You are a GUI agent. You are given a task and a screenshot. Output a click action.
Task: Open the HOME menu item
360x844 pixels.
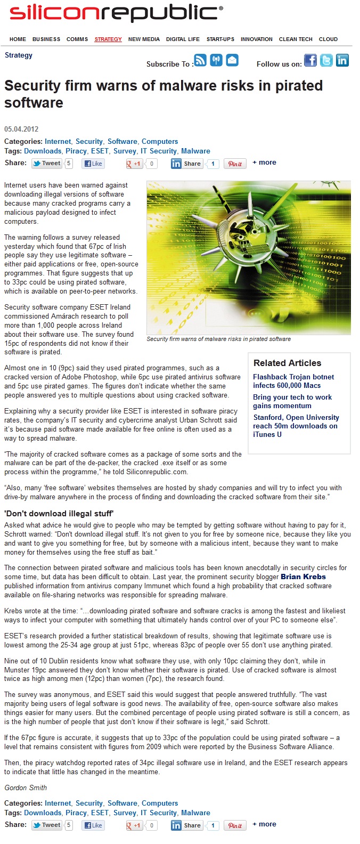(18, 39)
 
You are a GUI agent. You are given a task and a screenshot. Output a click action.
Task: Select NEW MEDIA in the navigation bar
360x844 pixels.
(144, 39)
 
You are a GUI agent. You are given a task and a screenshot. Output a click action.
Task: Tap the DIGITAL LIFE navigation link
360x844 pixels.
(183, 39)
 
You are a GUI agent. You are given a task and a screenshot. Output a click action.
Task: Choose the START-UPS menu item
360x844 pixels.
(220, 39)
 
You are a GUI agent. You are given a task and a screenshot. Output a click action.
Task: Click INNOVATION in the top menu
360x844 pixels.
(257, 39)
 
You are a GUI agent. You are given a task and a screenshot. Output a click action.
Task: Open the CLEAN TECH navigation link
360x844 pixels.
(296, 39)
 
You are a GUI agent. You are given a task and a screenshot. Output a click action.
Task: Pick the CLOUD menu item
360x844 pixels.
(328, 39)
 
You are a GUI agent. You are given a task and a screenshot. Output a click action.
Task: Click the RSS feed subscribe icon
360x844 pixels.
(200, 60)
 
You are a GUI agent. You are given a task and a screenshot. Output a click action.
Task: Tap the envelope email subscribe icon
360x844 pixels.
(232, 60)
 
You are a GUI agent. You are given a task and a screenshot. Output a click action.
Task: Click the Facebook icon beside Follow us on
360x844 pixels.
(310, 60)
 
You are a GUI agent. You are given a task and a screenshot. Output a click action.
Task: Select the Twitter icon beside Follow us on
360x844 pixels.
(326, 60)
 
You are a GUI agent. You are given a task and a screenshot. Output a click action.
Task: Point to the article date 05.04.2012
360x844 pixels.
(21, 129)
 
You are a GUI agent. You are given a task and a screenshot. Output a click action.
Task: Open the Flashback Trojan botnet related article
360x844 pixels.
(293, 381)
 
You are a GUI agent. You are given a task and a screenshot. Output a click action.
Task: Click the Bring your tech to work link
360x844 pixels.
(292, 401)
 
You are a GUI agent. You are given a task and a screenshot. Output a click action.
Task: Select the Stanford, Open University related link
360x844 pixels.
(296, 426)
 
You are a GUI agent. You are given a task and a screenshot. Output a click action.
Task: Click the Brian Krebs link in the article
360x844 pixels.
(303, 577)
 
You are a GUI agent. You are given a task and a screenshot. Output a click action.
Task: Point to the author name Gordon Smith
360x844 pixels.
(26, 788)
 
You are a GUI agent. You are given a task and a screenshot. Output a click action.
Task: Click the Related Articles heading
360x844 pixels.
(287, 363)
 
